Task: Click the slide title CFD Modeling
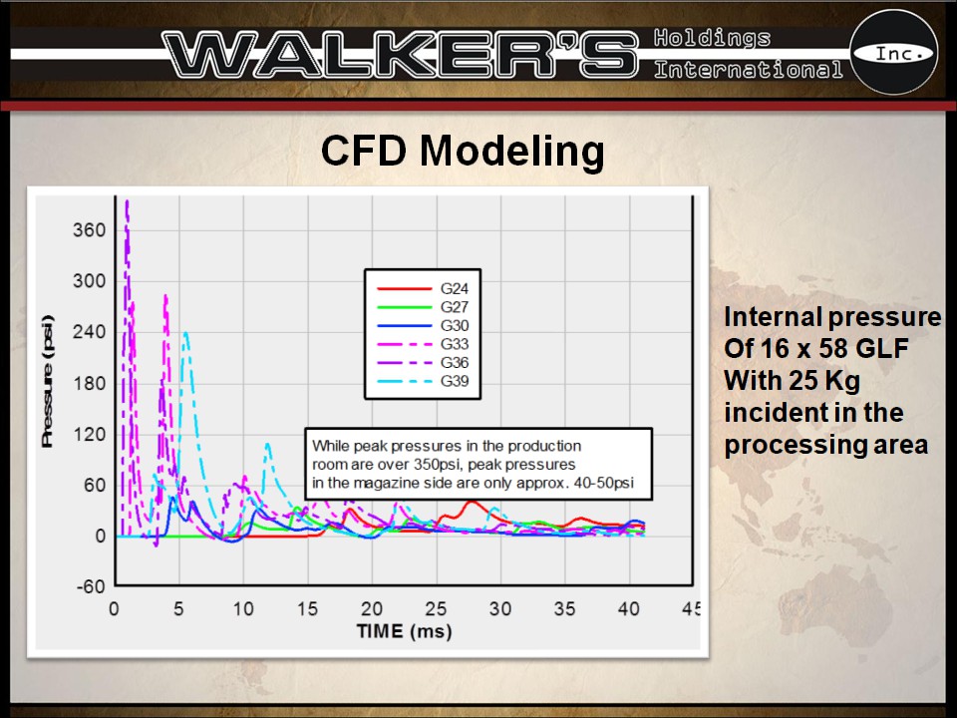(x=463, y=152)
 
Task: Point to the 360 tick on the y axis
(x=89, y=230)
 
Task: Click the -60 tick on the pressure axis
(x=89, y=586)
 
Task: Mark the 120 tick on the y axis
(x=89, y=434)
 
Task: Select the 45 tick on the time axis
(x=691, y=609)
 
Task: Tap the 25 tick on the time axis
(x=435, y=609)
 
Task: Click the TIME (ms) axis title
(x=404, y=631)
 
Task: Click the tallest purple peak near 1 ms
(x=127, y=203)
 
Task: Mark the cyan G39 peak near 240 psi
(x=185, y=334)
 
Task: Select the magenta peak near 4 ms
(x=165, y=295)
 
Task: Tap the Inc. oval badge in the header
(x=892, y=53)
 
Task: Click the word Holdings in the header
(x=712, y=38)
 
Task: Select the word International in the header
(x=748, y=70)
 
